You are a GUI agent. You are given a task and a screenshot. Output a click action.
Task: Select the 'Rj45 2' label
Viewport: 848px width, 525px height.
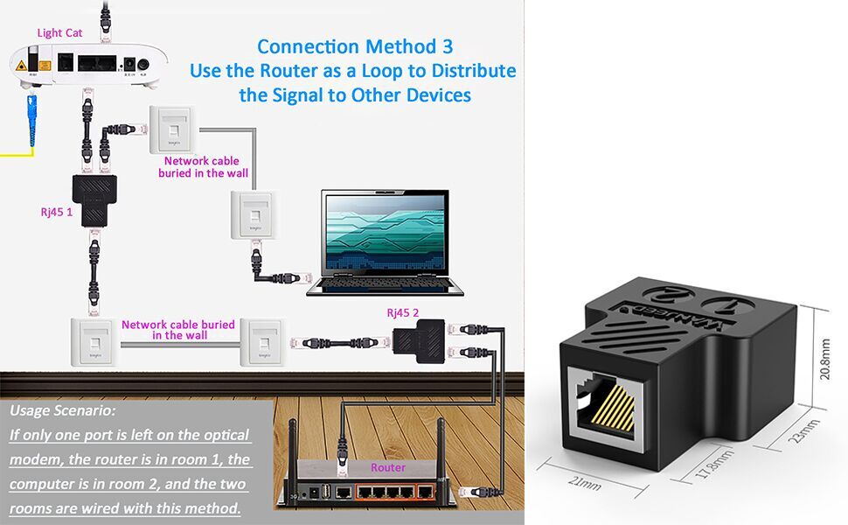point(404,312)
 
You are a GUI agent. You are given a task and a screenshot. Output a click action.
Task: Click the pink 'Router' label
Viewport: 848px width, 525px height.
point(388,468)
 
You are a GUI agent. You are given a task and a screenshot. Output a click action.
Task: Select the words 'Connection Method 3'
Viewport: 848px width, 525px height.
point(355,46)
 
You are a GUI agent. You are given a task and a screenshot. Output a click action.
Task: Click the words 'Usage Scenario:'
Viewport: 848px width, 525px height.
point(62,410)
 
